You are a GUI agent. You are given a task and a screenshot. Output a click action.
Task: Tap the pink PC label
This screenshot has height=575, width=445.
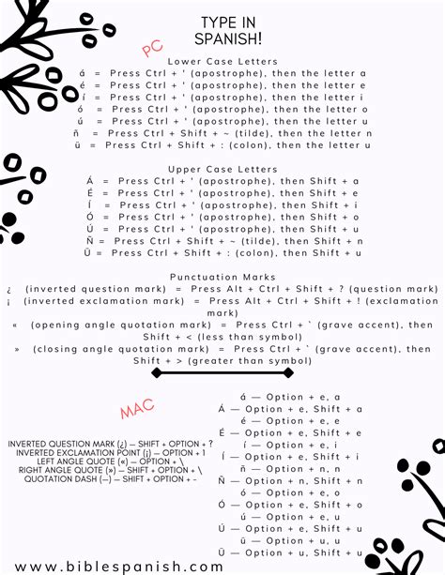click(x=152, y=48)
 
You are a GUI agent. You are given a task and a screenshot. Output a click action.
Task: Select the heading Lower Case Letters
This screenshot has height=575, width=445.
click(x=222, y=61)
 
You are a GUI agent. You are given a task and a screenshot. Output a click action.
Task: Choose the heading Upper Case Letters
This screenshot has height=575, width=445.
click(x=222, y=169)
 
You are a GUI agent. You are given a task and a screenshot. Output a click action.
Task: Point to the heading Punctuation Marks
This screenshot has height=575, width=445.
click(x=222, y=277)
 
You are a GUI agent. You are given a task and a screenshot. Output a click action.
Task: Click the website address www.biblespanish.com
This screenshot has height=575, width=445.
click(x=119, y=566)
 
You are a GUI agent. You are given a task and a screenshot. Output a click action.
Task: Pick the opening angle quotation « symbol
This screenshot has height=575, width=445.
click(x=15, y=325)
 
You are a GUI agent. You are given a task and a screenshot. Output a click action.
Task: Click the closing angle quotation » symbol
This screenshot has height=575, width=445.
click(x=17, y=349)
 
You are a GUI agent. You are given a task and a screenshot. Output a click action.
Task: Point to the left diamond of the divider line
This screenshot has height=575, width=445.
click(x=158, y=372)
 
